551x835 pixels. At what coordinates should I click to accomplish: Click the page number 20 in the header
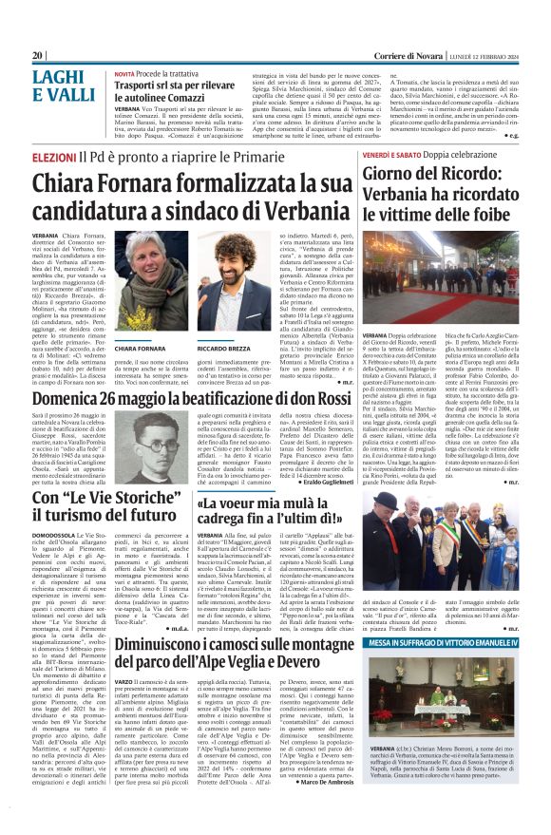point(37,55)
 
